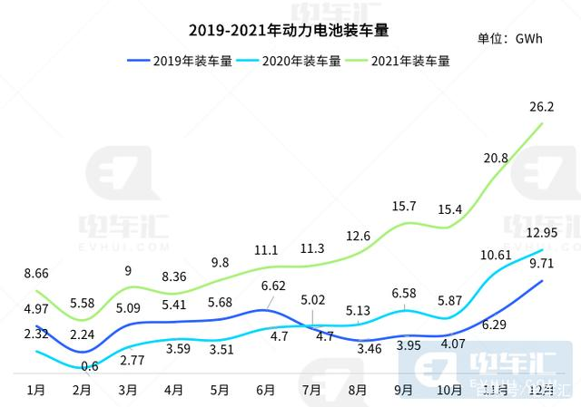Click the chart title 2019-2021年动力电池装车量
tap(288, 31)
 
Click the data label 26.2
tap(542, 107)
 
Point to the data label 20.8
tap(496, 158)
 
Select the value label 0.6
tap(89, 366)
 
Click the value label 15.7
tap(403, 207)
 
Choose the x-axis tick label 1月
tap(37, 391)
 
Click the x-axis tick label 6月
tap(266, 391)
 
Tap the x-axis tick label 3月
tap(128, 391)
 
